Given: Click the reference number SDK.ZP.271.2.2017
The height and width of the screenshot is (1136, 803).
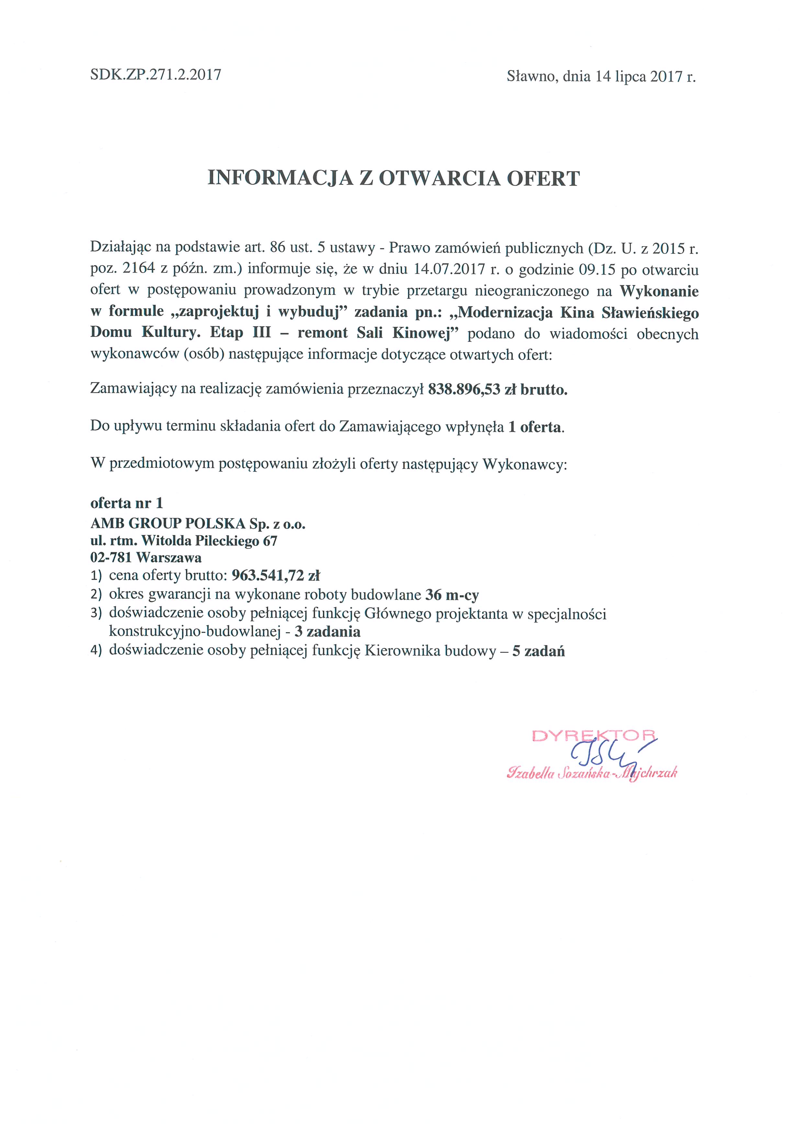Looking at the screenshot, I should [155, 75].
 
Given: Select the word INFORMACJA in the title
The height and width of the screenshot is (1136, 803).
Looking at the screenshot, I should [280, 178].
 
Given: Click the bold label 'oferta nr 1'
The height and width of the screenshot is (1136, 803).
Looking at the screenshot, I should [127, 503].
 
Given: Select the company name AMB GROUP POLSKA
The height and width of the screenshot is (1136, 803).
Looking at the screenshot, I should [168, 523].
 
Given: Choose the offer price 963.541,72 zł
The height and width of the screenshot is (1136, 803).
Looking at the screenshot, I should [279, 575].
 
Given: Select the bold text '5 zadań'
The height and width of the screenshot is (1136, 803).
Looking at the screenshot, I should [538, 651].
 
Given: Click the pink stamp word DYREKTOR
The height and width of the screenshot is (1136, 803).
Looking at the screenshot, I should [594, 736].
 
